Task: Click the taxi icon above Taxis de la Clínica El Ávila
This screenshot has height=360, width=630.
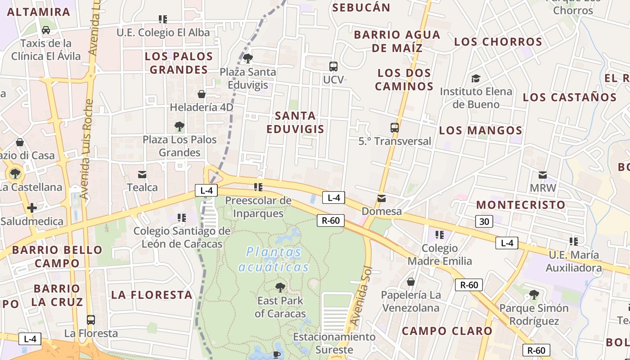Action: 45,30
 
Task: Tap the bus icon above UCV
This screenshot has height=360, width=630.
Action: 333,67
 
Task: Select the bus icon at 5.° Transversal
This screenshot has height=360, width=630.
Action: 395,128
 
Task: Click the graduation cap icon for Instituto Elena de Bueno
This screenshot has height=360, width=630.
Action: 476,79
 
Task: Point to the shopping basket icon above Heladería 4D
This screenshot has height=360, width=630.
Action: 202,94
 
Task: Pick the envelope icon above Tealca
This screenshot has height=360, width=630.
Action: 142,174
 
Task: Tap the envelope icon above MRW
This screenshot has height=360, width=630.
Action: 543,175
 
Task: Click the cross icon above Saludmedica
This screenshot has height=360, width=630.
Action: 32,208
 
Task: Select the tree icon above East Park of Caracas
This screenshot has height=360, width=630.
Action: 280,287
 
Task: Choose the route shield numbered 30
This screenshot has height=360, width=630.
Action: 484,221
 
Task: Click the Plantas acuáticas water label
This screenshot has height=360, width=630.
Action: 274,260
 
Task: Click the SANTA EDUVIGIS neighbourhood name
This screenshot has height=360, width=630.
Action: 295,122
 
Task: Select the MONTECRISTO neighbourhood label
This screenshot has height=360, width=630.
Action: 521,205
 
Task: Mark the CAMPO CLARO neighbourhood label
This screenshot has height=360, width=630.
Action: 447,331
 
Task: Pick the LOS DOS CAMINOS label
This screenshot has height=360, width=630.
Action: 404,79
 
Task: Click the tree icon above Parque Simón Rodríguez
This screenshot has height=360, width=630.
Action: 534,295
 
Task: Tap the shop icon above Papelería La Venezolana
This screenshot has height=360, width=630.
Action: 410,282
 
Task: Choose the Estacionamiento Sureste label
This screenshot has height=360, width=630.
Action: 334,343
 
